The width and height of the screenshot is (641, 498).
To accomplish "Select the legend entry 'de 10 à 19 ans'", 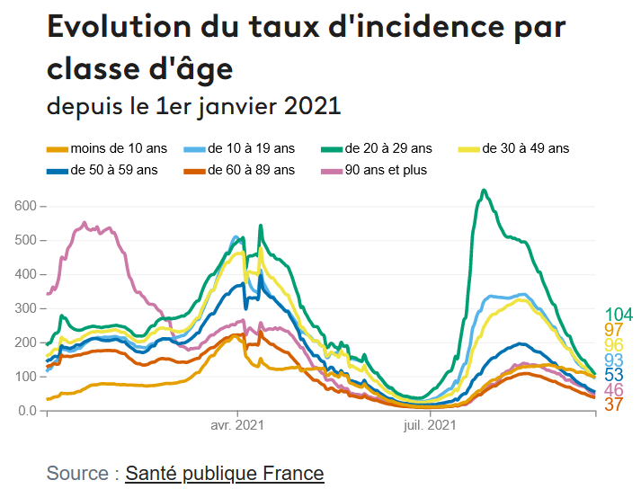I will (x=251, y=148).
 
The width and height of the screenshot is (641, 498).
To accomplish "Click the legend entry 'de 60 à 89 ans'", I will (x=251, y=169).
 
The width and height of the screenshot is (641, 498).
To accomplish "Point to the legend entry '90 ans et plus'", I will (x=386, y=169).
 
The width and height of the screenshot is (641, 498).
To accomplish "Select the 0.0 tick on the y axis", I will (x=27, y=411).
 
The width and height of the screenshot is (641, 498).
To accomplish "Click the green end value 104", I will (x=619, y=315).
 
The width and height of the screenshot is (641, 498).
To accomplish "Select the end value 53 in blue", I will (x=614, y=375).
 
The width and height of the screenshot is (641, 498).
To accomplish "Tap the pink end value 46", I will (x=614, y=390).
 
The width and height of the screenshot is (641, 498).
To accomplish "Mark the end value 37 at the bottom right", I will (x=614, y=405).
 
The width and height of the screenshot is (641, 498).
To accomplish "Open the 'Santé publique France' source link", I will (x=224, y=473).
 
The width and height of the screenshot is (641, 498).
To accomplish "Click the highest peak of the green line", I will (x=485, y=191).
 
